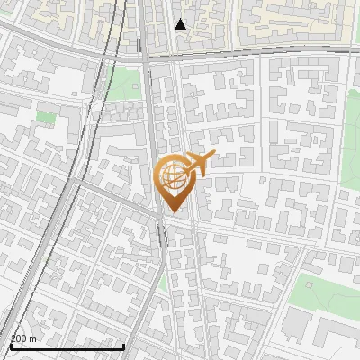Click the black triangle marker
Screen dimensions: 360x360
tap(181, 23)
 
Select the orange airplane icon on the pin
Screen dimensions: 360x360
tap(200, 163)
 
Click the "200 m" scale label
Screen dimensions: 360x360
tap(22, 337)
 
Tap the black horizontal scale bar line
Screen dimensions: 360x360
tap(67, 346)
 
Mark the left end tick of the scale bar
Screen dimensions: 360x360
tap(10, 345)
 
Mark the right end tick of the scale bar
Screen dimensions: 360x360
tap(123, 345)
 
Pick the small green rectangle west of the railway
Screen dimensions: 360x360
tap(46, 117)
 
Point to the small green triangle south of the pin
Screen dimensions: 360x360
tap(163, 282)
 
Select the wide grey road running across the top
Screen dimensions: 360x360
tap(252, 55)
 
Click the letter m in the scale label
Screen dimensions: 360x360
tap(32, 337)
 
